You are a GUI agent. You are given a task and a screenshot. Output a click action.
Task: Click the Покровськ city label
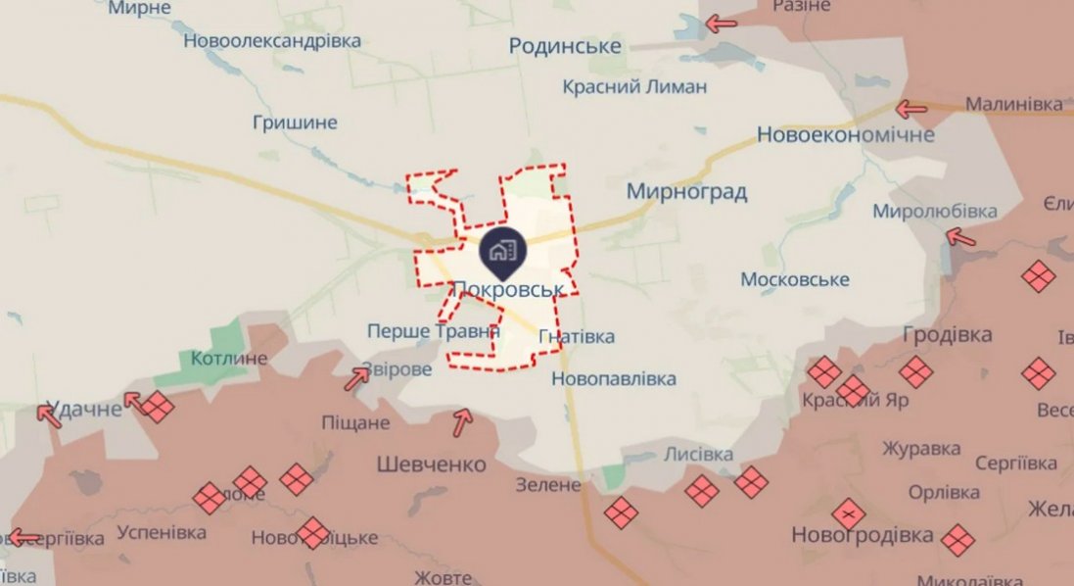click(508, 289)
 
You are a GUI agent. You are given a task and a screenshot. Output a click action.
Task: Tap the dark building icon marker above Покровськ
click(503, 250)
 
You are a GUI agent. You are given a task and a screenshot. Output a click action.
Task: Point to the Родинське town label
click(566, 46)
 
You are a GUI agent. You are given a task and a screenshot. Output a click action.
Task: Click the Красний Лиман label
click(634, 86)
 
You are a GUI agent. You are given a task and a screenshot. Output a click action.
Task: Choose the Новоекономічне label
click(846, 134)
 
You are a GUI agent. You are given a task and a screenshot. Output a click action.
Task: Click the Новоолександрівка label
click(272, 41)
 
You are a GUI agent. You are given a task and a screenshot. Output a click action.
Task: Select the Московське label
click(794, 280)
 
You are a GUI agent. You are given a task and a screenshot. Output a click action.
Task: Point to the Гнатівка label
click(577, 337)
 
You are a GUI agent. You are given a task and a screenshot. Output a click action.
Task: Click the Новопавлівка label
click(614, 378)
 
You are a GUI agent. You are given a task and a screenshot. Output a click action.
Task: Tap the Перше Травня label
click(433, 332)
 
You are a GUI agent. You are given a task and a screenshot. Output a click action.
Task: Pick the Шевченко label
click(432, 464)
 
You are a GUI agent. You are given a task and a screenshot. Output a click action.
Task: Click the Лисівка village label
click(698, 455)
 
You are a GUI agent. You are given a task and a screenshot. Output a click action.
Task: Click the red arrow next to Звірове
click(357, 377)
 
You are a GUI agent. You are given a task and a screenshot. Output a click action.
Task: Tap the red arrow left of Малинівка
click(911, 109)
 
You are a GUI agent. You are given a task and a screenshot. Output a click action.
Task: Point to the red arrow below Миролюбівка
click(960, 236)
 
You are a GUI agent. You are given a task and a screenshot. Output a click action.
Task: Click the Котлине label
click(229, 358)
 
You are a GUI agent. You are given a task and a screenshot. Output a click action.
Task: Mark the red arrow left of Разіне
click(722, 24)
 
